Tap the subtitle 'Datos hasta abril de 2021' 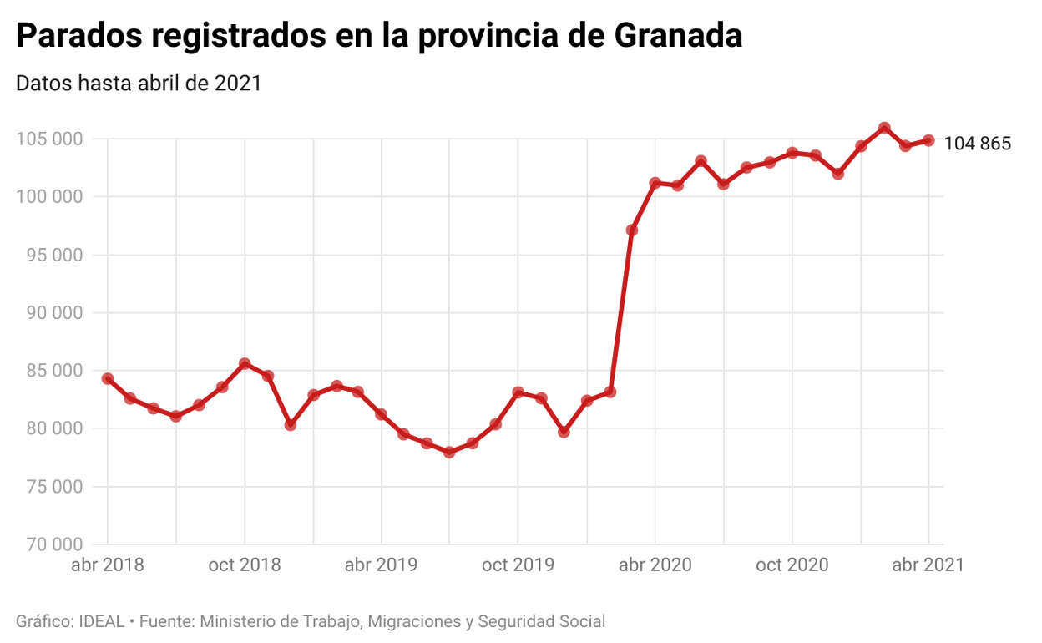[x=139, y=84]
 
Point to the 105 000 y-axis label [x=49, y=139]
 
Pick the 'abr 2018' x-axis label [x=108, y=565]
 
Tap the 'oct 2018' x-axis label [x=245, y=565]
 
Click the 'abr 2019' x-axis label [x=381, y=565]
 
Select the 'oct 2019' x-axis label [x=518, y=565]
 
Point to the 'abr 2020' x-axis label [x=655, y=565]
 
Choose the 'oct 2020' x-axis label [x=792, y=565]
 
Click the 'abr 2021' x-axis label [x=928, y=565]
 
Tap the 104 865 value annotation [x=977, y=144]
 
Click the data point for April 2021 [x=928, y=140]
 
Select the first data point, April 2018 [x=108, y=378]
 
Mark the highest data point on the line [x=884, y=128]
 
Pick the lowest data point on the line [x=449, y=452]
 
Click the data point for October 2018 [x=245, y=363]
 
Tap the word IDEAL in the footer [x=101, y=621]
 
